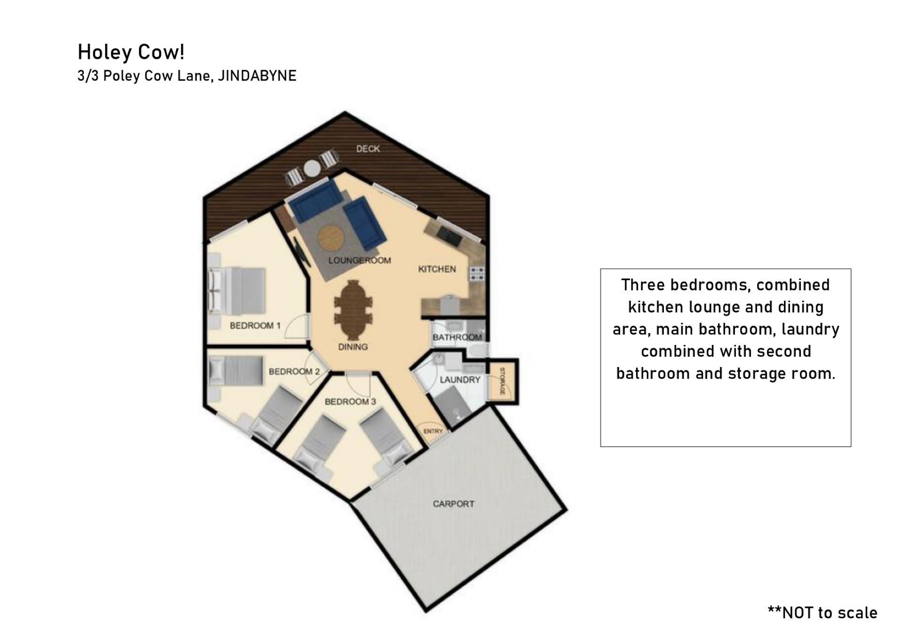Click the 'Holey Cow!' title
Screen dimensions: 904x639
(131, 52)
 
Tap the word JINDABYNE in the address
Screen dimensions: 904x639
(257, 76)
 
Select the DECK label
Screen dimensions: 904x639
(368, 149)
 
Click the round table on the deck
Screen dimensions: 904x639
(312, 168)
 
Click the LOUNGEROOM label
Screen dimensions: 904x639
(360, 260)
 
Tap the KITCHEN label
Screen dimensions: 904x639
(437, 269)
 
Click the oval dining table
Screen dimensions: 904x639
(353, 310)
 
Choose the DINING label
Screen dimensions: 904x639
(353, 347)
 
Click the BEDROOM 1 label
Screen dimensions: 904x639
(255, 326)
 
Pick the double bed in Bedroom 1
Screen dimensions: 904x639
(237, 291)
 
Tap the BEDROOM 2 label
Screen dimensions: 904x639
(294, 372)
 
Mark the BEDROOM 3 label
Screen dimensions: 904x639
(350, 402)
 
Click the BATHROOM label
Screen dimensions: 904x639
(457, 337)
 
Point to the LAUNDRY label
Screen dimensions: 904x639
(460, 380)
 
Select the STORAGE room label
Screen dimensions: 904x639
(502, 381)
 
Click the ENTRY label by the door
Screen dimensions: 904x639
(433, 431)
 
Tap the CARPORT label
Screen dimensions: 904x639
(453, 504)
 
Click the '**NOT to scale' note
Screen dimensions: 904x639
(823, 612)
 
